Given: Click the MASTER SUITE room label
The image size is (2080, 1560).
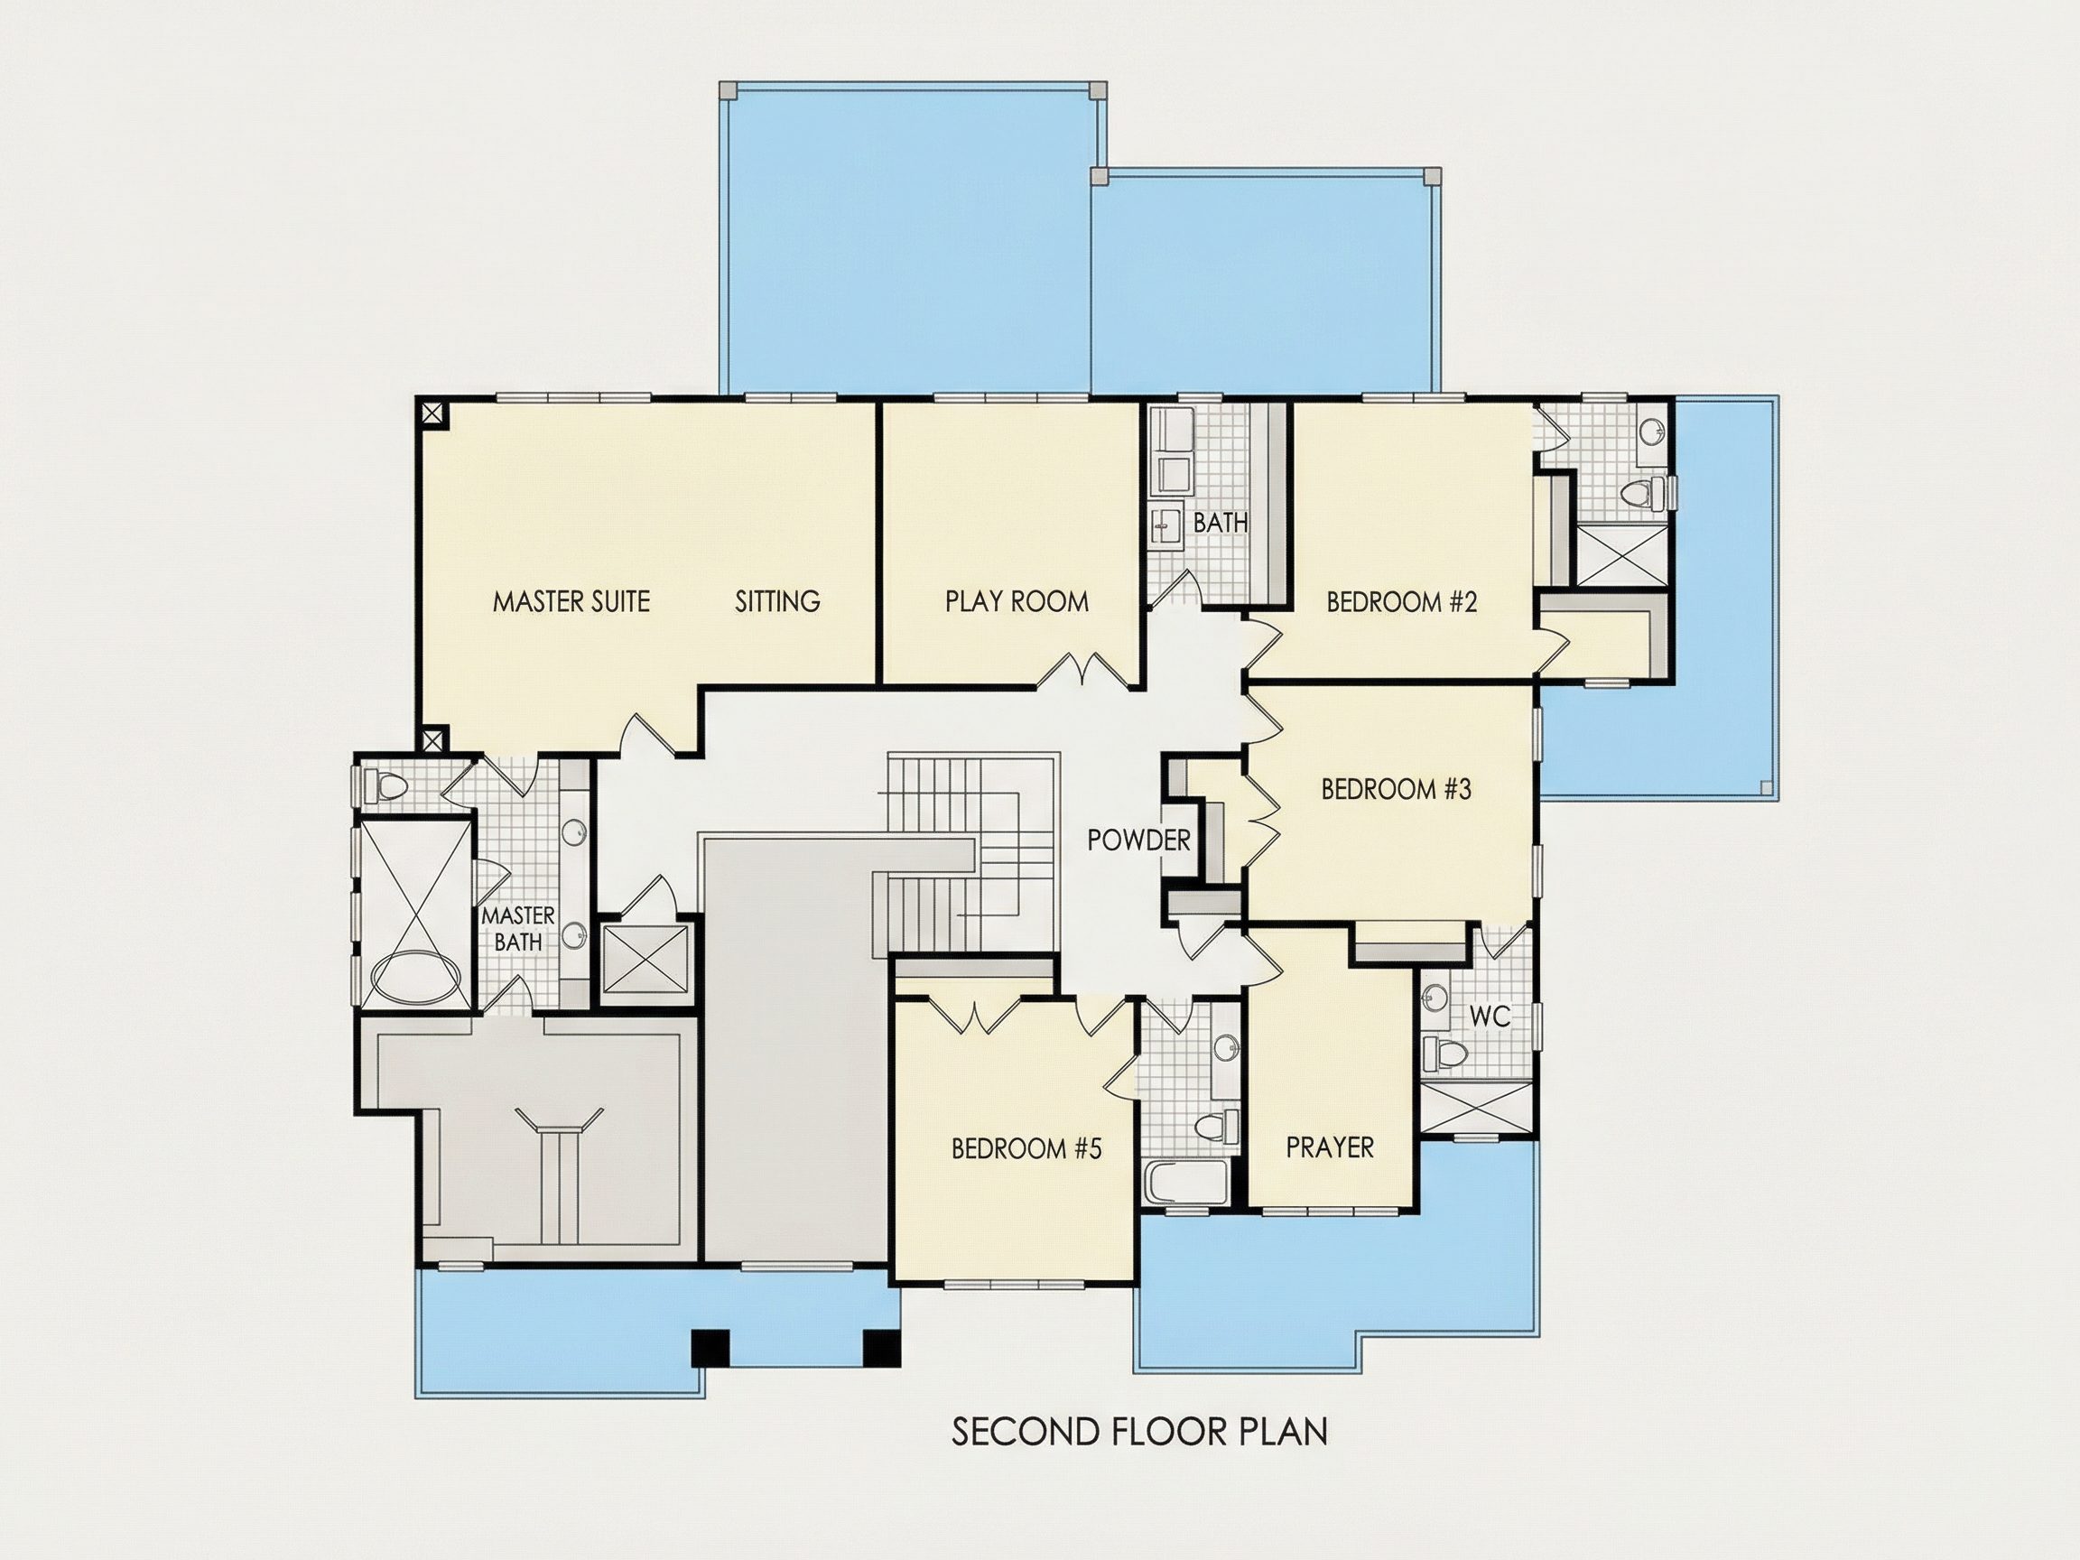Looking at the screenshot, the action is click(x=571, y=602).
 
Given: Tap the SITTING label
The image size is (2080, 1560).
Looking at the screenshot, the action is click(x=777, y=602).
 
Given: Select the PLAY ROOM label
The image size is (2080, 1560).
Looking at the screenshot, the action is click(x=1017, y=602).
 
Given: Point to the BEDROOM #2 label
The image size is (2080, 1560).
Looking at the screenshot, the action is click(x=1402, y=602).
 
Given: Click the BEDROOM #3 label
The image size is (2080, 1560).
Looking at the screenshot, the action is click(x=1397, y=789).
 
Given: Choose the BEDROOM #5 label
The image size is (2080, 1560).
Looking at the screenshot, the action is click(x=1026, y=1148).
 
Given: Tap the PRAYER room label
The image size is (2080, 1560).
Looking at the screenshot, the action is click(x=1330, y=1147).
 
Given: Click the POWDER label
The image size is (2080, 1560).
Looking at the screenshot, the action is click(x=1138, y=840).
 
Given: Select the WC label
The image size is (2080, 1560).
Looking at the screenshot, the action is click(x=1490, y=1017).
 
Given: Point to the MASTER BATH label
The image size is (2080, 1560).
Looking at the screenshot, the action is click(x=518, y=928).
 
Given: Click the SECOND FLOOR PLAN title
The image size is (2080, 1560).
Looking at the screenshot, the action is click(x=1139, y=1432).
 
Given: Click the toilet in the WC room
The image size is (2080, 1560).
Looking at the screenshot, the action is click(x=1440, y=1054).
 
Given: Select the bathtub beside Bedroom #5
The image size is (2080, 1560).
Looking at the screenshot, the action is click(x=1186, y=1181).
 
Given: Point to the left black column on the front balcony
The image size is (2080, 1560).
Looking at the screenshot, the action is click(x=710, y=1348).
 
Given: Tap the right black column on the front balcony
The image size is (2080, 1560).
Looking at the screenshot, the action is click(x=882, y=1348).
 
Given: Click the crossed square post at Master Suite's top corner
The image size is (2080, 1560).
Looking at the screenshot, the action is click(x=432, y=412).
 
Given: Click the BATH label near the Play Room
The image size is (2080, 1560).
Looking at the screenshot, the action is click(x=1221, y=522).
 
